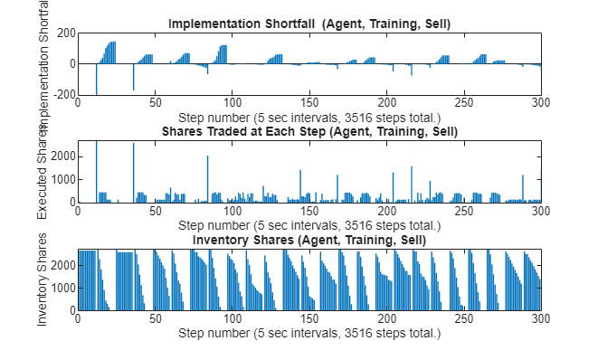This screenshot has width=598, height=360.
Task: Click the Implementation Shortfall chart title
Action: (x=309, y=22)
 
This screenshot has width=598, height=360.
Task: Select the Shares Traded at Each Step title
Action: (x=309, y=131)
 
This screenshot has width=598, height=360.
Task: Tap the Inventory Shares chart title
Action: (x=309, y=240)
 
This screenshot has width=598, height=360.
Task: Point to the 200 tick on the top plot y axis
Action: (x=64, y=33)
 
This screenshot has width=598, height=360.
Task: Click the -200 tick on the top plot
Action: (x=62, y=94)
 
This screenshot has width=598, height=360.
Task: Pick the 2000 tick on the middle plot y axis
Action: (x=62, y=156)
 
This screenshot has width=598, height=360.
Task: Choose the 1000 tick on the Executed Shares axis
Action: (x=62, y=179)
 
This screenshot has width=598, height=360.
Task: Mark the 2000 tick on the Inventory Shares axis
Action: (x=62, y=265)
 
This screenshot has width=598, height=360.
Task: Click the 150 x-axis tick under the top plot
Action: (x=309, y=103)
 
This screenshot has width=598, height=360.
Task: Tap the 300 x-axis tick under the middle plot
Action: (x=541, y=212)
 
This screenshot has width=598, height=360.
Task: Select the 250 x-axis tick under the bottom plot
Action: (x=464, y=319)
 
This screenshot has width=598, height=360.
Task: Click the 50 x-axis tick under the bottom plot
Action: (x=155, y=319)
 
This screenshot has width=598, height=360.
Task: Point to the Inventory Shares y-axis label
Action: (x=43, y=279)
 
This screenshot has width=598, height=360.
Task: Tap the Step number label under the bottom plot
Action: (x=309, y=333)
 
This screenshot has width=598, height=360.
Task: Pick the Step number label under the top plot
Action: (x=309, y=117)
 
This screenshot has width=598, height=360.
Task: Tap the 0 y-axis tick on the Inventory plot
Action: (x=71, y=310)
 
